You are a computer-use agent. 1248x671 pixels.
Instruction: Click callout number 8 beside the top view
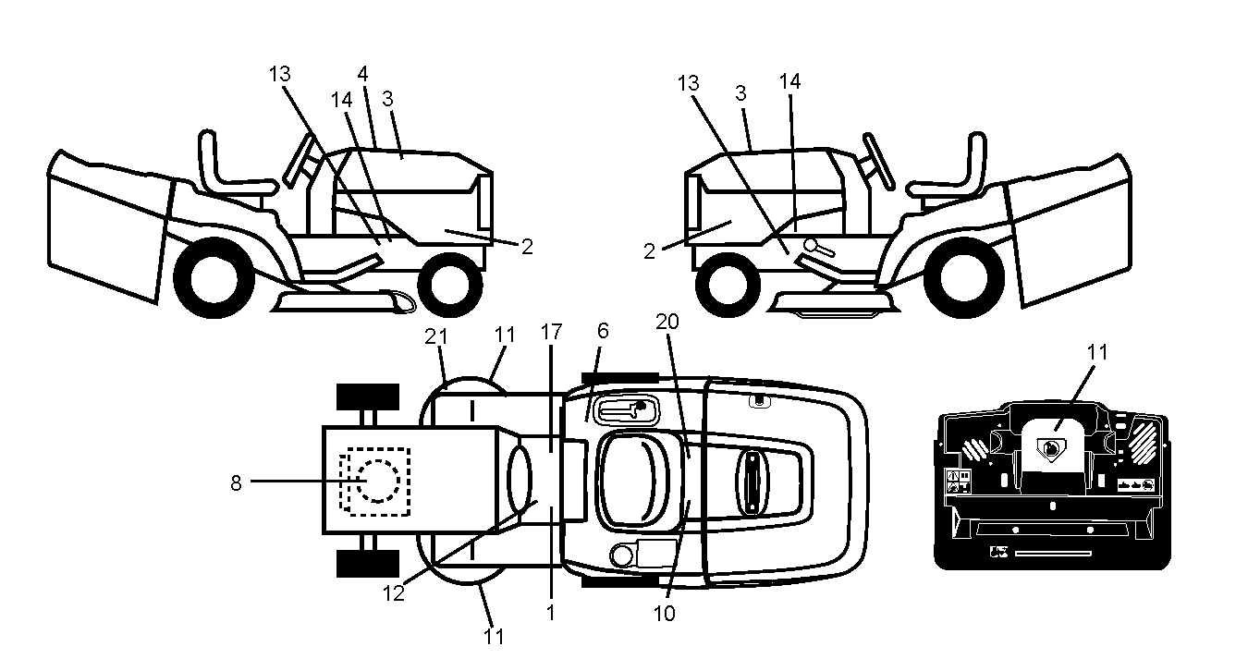coord(237,482)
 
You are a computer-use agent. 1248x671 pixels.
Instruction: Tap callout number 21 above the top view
coord(436,336)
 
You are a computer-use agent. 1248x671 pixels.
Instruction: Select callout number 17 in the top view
coord(551,332)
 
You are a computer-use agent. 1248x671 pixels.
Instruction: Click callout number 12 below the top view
coord(393,593)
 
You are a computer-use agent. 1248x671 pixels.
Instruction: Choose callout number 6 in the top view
coord(603,331)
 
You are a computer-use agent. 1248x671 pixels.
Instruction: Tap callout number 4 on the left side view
coord(362,74)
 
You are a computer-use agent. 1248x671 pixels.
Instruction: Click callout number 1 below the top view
coord(550,613)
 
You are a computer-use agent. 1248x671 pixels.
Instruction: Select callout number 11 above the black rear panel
coord(1097,352)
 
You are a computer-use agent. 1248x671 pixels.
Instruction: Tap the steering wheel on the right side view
coord(879,160)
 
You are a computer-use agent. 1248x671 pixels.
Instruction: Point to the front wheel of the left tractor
coord(450,285)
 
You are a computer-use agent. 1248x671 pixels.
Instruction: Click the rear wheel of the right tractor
coord(964,277)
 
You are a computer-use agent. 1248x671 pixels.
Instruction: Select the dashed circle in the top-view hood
coord(378,481)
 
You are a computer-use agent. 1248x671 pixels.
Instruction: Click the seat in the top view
coord(630,481)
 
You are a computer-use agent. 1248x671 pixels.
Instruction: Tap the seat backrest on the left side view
coord(208,162)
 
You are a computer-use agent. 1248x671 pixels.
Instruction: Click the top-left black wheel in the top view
coord(368,397)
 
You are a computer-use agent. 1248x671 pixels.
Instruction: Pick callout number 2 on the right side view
coord(649,251)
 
